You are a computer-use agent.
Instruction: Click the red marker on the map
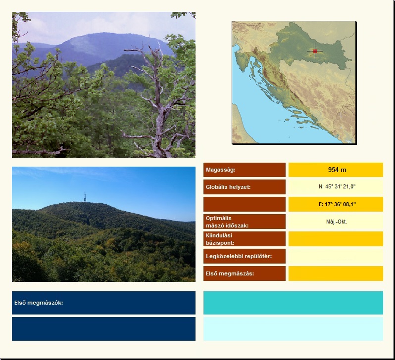point(315,51)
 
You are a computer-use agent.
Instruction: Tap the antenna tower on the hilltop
point(85,197)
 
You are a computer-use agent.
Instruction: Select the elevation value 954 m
point(337,170)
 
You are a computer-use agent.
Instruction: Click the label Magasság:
point(220,170)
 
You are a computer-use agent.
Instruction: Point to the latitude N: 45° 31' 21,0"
point(337,186)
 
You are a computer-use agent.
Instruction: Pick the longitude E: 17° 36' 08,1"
point(337,204)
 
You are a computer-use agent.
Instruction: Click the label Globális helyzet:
point(228,187)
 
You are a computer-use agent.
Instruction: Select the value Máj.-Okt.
point(337,222)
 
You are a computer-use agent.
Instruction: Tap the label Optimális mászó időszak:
point(227,222)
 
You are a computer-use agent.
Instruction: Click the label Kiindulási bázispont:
point(220,239)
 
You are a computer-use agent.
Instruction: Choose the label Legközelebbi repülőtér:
point(239,256)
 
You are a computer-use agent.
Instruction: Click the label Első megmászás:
point(230,273)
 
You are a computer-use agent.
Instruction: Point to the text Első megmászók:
point(39,303)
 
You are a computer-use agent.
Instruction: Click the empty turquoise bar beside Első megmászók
point(293,303)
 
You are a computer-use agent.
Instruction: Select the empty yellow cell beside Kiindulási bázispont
point(336,239)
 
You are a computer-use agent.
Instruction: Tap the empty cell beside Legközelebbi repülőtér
point(336,256)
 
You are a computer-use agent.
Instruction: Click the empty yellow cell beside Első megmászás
point(336,273)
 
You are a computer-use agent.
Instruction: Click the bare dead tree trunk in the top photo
point(159,106)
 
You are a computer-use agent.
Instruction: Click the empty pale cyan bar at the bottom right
point(293,329)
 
